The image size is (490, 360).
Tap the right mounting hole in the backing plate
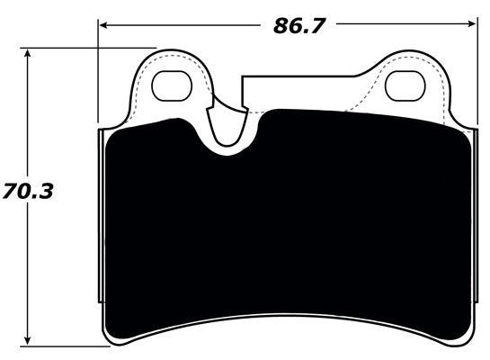click(x=404, y=85)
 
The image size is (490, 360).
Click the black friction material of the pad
click(x=288, y=225)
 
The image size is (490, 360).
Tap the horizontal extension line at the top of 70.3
click(x=90, y=49)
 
